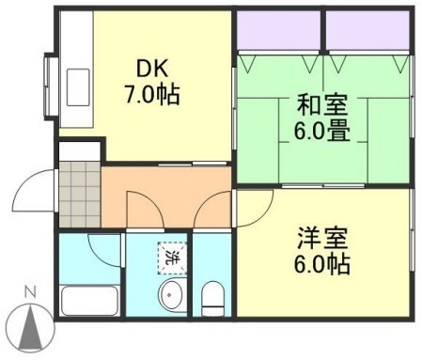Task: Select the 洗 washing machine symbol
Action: click(x=172, y=255)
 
